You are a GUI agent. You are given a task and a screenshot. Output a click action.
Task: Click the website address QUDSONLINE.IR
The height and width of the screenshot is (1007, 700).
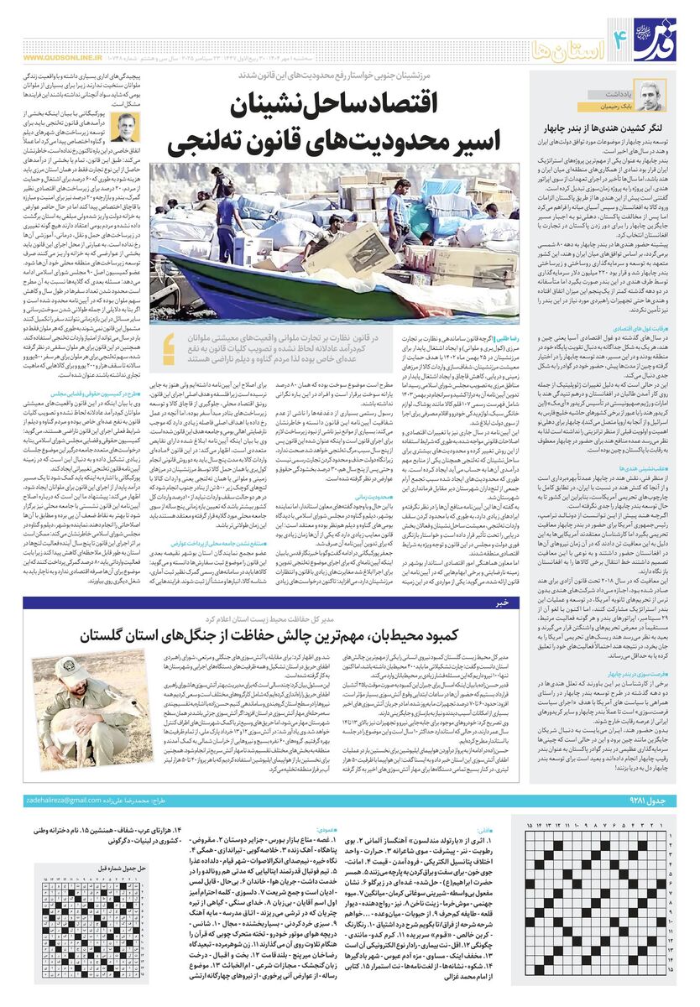56,58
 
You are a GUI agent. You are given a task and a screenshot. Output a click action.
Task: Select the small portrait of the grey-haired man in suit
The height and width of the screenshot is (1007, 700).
124,127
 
